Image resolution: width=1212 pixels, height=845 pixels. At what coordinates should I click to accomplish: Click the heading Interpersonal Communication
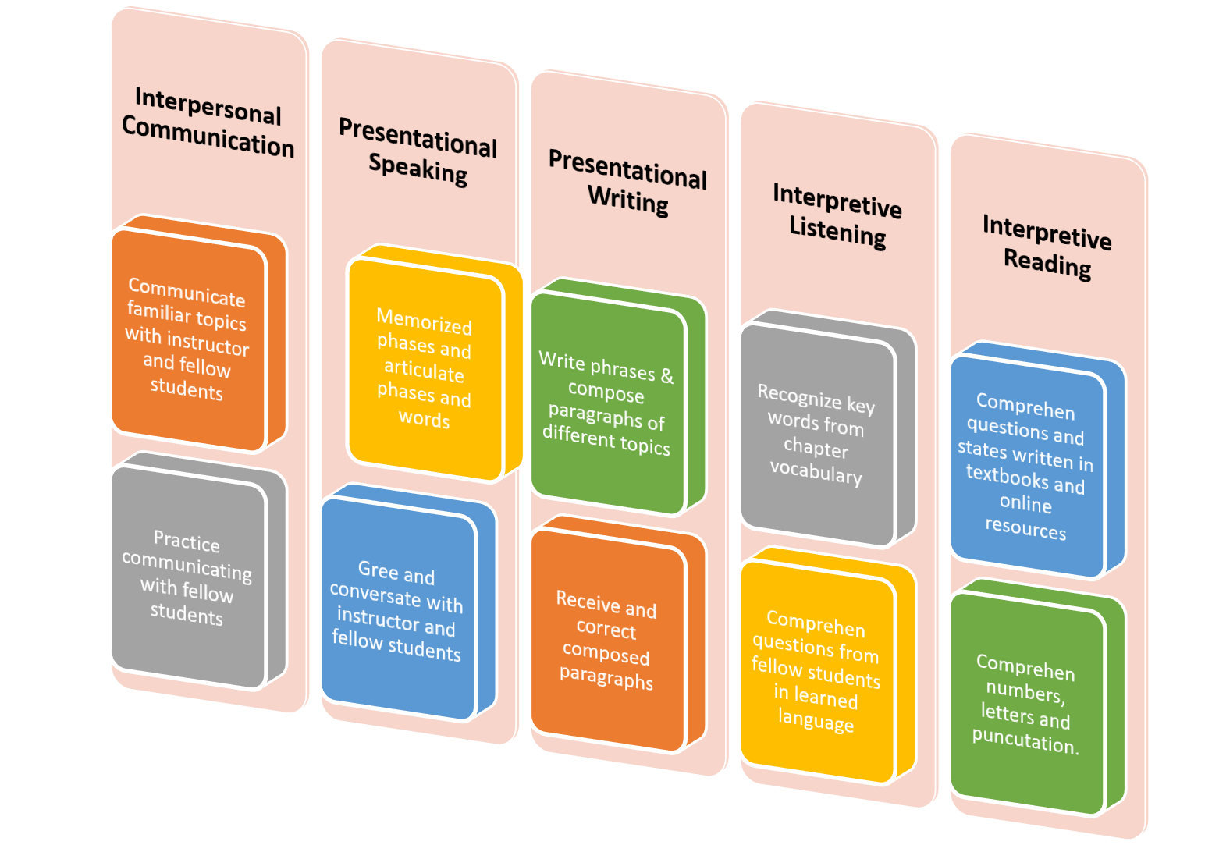click(208, 122)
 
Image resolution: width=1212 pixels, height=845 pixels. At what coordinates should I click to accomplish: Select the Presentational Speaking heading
click(418, 152)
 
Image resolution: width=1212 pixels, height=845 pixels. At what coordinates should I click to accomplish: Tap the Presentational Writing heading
click(627, 183)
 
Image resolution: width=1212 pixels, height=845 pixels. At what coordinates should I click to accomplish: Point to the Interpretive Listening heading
click(837, 215)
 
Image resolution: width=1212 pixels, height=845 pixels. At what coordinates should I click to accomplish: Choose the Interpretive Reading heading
click(1047, 247)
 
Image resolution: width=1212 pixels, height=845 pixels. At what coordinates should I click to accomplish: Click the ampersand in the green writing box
click(666, 375)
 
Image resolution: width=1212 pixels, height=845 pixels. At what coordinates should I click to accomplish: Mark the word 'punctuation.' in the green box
click(1025, 740)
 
